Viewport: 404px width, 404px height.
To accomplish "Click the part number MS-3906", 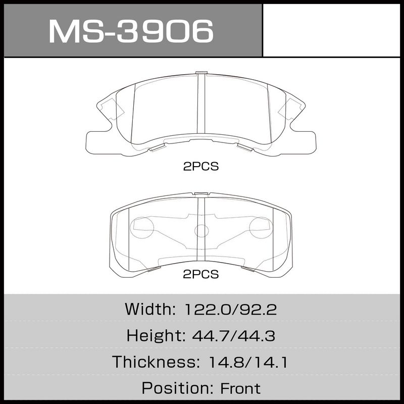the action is point(131,31).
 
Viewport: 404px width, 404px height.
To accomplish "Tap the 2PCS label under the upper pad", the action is point(200,167).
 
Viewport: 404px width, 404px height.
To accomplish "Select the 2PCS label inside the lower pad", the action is point(200,274).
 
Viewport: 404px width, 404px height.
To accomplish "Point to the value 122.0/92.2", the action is point(231,309).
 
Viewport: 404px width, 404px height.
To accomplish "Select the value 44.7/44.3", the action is point(234,336).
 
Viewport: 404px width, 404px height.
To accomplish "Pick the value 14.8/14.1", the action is point(248,362).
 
